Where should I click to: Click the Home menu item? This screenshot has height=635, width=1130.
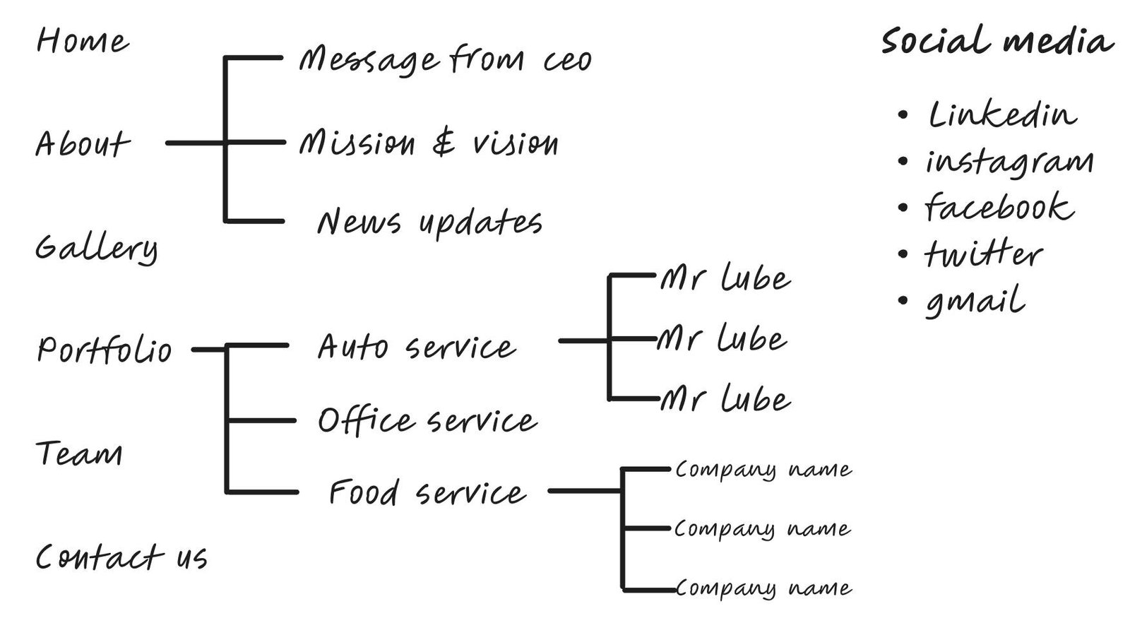(x=83, y=41)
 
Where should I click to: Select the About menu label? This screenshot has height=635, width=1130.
(x=83, y=144)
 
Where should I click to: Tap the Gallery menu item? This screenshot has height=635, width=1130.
(x=96, y=248)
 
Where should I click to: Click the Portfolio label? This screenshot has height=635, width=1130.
(x=104, y=350)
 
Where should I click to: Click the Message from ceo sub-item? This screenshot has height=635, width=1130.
(x=445, y=60)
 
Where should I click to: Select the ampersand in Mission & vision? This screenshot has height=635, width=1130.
(x=444, y=143)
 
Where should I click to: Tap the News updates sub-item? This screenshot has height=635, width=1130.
(x=429, y=222)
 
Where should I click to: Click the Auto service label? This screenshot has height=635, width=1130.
(x=416, y=347)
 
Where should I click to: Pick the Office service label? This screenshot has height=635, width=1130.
(x=427, y=421)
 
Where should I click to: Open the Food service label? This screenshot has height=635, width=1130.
(x=427, y=492)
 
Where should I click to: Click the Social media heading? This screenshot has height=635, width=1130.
(x=997, y=40)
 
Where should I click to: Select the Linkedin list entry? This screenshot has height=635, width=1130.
(x=1002, y=114)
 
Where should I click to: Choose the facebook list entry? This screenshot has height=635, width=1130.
(x=999, y=208)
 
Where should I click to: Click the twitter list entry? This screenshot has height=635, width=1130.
(x=983, y=254)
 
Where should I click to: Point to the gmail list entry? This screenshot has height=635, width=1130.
(x=975, y=301)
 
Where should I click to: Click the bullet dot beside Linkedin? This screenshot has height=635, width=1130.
(x=903, y=115)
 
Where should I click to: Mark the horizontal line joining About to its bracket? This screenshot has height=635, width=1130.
(x=195, y=143)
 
